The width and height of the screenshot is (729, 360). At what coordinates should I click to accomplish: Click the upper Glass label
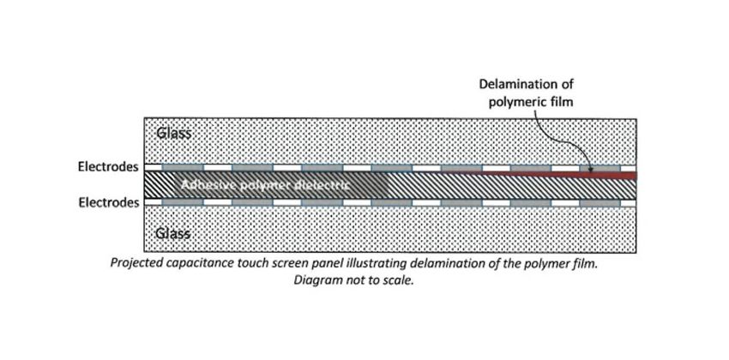(174, 133)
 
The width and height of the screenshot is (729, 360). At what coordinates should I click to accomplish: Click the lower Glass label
(174, 233)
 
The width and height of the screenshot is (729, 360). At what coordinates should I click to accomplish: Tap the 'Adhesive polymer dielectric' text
(265, 185)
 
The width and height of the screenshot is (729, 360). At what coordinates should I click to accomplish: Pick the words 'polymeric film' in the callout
(525, 101)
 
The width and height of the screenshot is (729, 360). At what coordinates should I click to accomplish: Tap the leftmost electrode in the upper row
(182, 167)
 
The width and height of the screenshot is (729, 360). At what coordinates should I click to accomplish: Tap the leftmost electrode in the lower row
(182, 203)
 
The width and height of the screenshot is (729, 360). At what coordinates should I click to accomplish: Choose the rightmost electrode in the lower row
(599, 203)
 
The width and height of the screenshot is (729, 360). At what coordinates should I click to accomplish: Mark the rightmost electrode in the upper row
(599, 167)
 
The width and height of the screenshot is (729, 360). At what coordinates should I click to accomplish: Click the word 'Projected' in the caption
(138, 263)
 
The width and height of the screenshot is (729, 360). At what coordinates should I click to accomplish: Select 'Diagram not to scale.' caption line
(353, 280)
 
